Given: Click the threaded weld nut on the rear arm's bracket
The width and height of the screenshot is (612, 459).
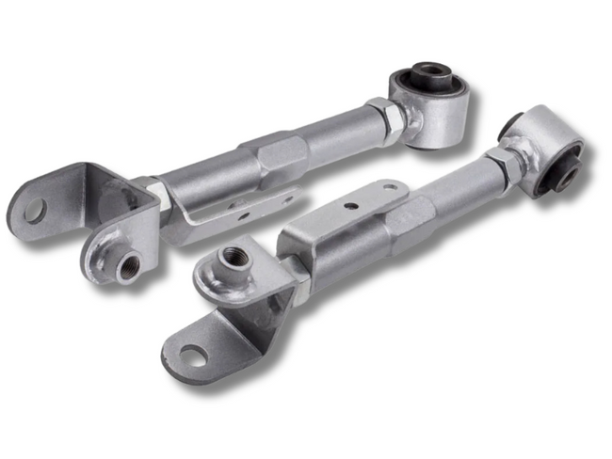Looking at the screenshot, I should [x=124, y=265].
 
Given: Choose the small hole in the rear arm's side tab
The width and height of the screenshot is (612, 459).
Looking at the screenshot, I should [x=242, y=215].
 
